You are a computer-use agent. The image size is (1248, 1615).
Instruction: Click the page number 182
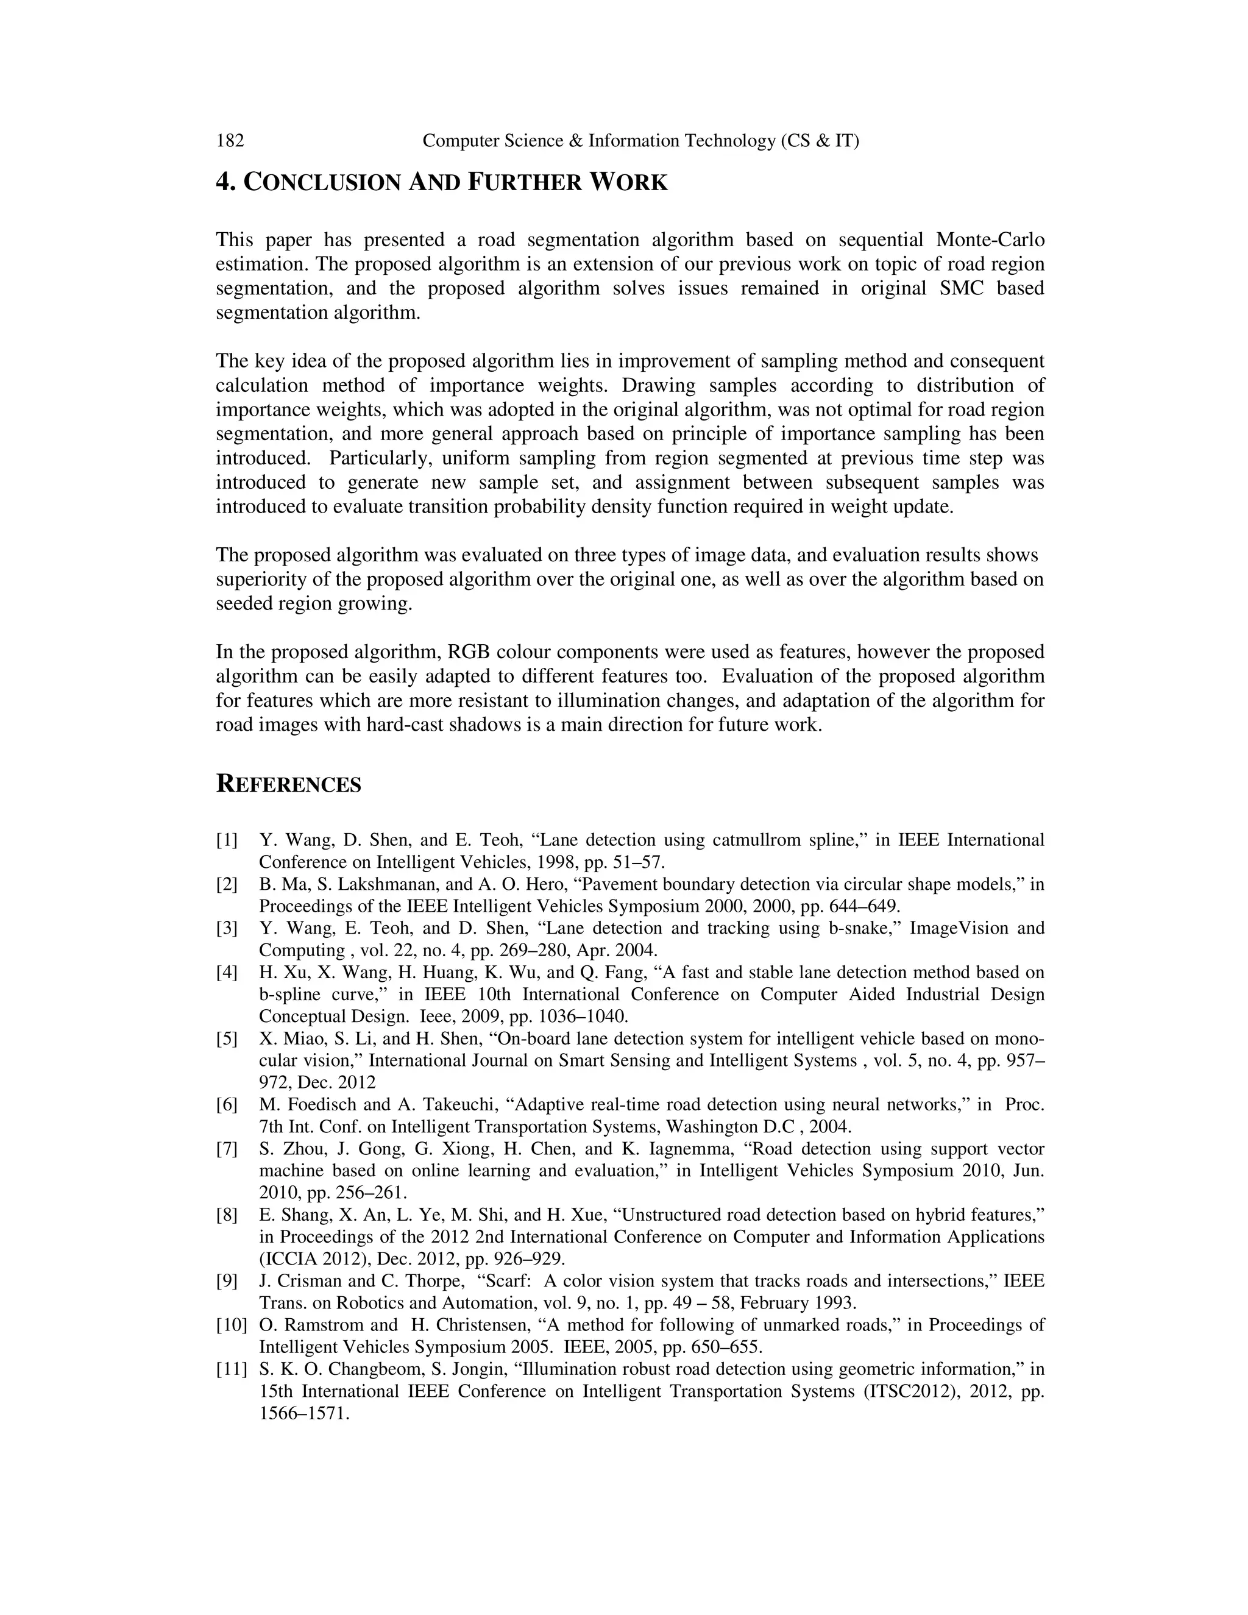click(230, 141)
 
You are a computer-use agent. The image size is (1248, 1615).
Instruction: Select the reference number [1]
click(227, 840)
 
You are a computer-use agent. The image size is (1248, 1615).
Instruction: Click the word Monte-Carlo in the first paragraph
click(990, 240)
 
